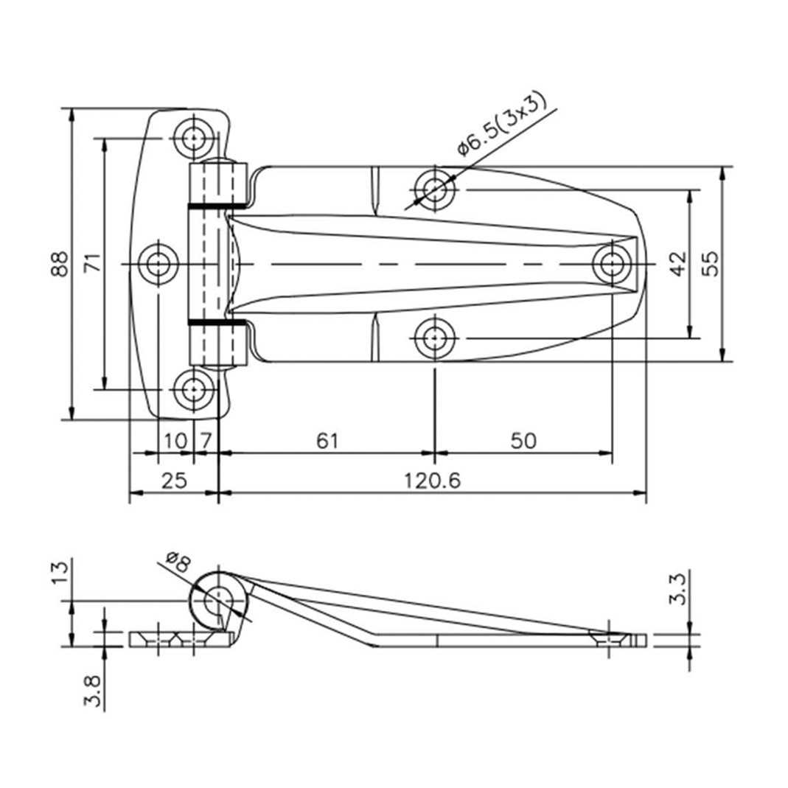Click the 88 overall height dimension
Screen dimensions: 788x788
point(60,264)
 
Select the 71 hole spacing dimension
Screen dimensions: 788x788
point(92,264)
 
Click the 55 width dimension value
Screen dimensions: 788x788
point(710,264)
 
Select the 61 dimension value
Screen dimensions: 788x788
point(327,441)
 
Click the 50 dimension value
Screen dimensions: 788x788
point(523,441)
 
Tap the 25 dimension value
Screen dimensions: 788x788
point(174,481)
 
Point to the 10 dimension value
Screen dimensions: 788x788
point(175,441)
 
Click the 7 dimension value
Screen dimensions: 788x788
point(206,441)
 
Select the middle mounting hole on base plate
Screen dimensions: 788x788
point(158,264)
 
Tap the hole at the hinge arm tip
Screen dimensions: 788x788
point(612,263)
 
